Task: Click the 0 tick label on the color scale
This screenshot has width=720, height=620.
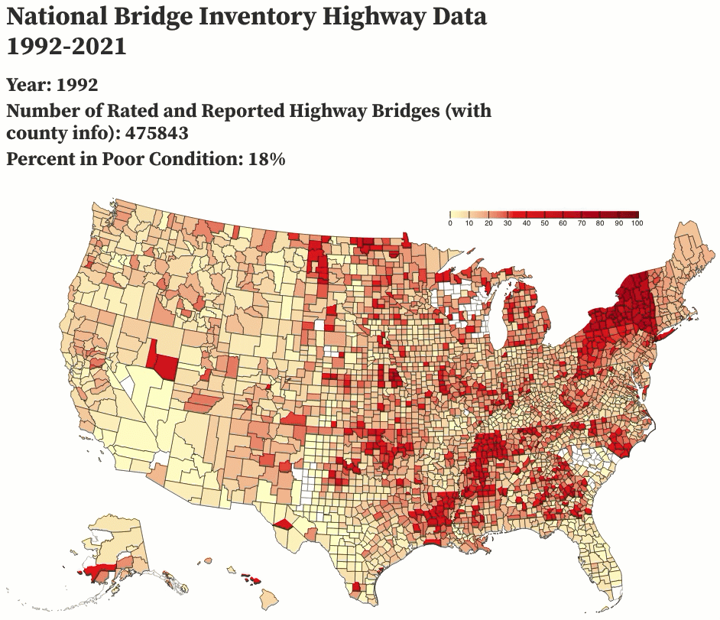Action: (450, 222)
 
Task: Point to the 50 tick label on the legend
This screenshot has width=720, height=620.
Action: (544, 222)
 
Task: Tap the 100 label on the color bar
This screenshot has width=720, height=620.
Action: (637, 222)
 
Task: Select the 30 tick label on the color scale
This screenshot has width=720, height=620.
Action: (507, 222)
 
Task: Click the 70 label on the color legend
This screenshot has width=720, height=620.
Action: (582, 222)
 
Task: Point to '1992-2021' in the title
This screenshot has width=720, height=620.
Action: (66, 46)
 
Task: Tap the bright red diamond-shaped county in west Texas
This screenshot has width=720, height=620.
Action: (283, 524)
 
